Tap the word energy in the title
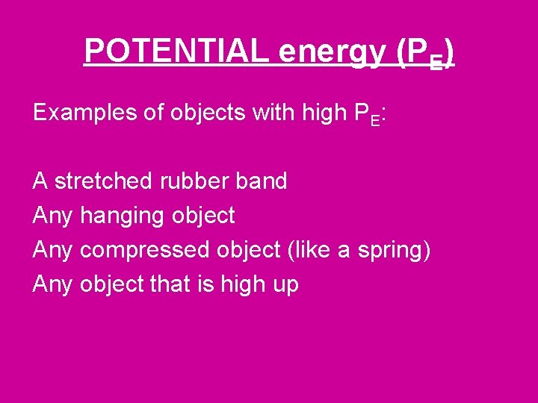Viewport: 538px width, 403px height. tap(332, 51)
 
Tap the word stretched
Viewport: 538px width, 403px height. tap(105, 181)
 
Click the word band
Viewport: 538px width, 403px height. tap(265, 181)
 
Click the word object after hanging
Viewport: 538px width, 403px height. tap(203, 216)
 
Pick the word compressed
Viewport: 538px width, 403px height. tap(145, 250)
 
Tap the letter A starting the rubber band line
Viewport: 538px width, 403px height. tap(40, 181)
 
